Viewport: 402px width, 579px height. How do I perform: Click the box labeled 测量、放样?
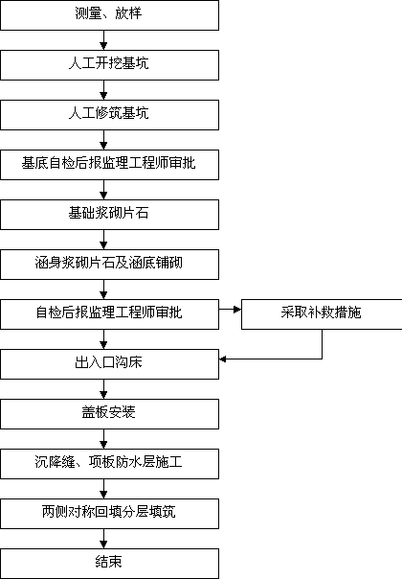click(109, 15)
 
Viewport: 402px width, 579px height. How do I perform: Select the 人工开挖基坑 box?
click(109, 65)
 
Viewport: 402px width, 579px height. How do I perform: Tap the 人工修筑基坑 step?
click(109, 115)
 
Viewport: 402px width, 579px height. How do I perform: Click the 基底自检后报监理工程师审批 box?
click(109, 165)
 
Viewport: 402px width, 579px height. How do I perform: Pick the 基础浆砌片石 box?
click(109, 215)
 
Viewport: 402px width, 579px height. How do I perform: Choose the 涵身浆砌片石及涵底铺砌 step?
click(109, 265)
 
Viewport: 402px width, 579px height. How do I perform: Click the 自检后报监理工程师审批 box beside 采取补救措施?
click(109, 314)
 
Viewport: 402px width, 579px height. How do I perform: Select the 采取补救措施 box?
click(322, 314)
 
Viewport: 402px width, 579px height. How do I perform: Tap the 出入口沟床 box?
click(109, 364)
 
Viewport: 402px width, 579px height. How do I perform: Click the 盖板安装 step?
click(109, 414)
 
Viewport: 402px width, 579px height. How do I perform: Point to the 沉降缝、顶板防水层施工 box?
click(109, 464)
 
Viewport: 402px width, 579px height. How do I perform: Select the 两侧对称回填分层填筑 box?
click(109, 514)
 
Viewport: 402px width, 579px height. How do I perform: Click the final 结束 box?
click(109, 564)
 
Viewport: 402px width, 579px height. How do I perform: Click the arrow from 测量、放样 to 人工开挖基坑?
click(103, 40)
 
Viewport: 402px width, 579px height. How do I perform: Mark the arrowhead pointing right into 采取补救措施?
click(237, 309)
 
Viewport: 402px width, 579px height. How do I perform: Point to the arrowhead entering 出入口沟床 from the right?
click(223, 359)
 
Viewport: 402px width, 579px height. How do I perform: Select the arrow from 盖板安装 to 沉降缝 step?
click(103, 439)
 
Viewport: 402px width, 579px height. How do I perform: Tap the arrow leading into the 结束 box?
click(103, 539)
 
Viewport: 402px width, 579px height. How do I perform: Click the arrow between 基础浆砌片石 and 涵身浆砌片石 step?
click(103, 240)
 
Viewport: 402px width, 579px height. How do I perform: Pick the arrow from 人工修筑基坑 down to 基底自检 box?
click(103, 140)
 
